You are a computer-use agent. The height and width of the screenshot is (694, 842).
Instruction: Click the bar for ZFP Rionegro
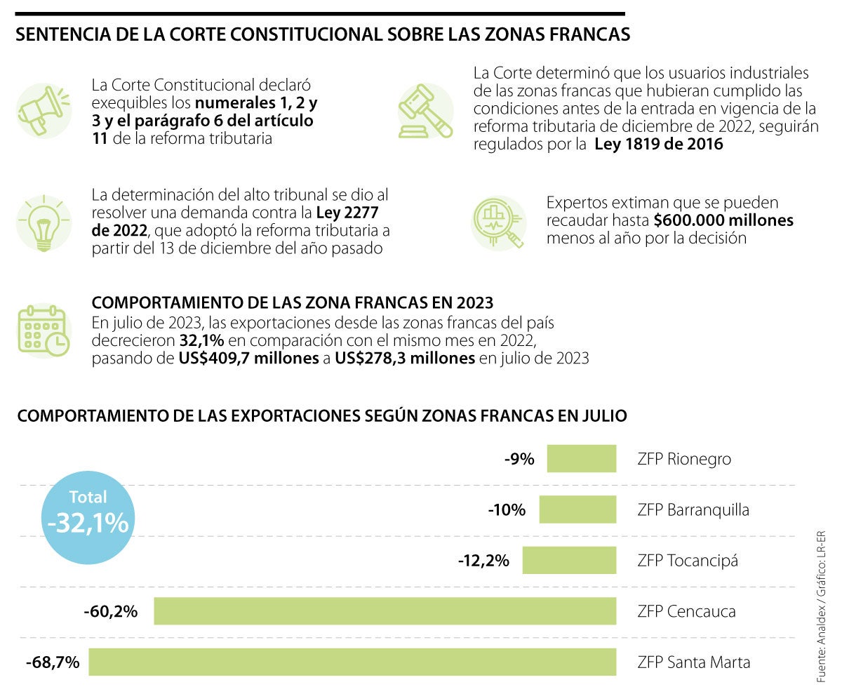pos(581,459)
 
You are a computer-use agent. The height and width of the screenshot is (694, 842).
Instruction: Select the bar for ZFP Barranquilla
pos(577,509)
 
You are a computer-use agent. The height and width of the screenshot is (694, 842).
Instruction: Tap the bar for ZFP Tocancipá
pos(569,561)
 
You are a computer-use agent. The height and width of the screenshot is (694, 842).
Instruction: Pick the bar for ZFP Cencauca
pos(385,611)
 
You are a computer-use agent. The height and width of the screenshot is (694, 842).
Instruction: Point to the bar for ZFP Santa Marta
pos(352,662)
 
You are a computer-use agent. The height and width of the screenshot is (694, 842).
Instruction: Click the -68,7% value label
pos(53,662)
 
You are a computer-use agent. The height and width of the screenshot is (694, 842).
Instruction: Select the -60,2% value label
pos(110,611)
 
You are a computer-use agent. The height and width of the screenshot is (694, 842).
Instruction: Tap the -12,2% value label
pos(483,561)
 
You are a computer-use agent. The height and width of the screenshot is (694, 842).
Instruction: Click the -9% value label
pos(519,460)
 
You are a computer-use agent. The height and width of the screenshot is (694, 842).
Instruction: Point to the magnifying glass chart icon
pos(498,222)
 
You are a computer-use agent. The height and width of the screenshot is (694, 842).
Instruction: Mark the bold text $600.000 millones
pos(723,220)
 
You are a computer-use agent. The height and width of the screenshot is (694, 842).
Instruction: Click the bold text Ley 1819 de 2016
pos(659,145)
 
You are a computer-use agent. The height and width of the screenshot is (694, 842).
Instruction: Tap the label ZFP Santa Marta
pos(693,662)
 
